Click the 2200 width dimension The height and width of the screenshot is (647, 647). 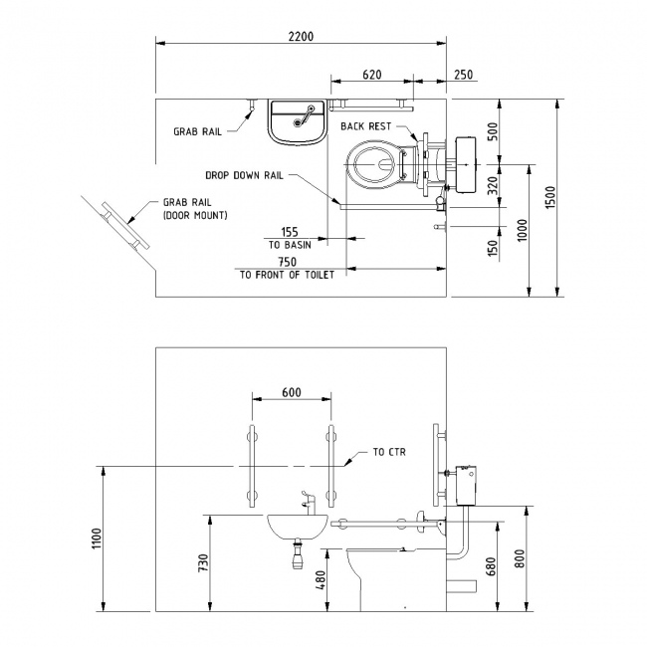pos(301,36)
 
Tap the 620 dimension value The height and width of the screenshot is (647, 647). pos(372,75)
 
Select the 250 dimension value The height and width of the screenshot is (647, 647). pos(464,75)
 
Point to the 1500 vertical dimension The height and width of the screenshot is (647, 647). pos(550,197)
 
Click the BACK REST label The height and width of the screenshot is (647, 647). pos(365,126)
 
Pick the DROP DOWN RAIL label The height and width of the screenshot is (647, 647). pos(244,175)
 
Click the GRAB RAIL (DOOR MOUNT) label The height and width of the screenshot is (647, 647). pos(195,209)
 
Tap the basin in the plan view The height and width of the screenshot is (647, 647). pos(297,122)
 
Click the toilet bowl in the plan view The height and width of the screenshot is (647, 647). pos(373,164)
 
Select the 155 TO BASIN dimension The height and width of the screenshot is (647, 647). pos(290,238)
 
